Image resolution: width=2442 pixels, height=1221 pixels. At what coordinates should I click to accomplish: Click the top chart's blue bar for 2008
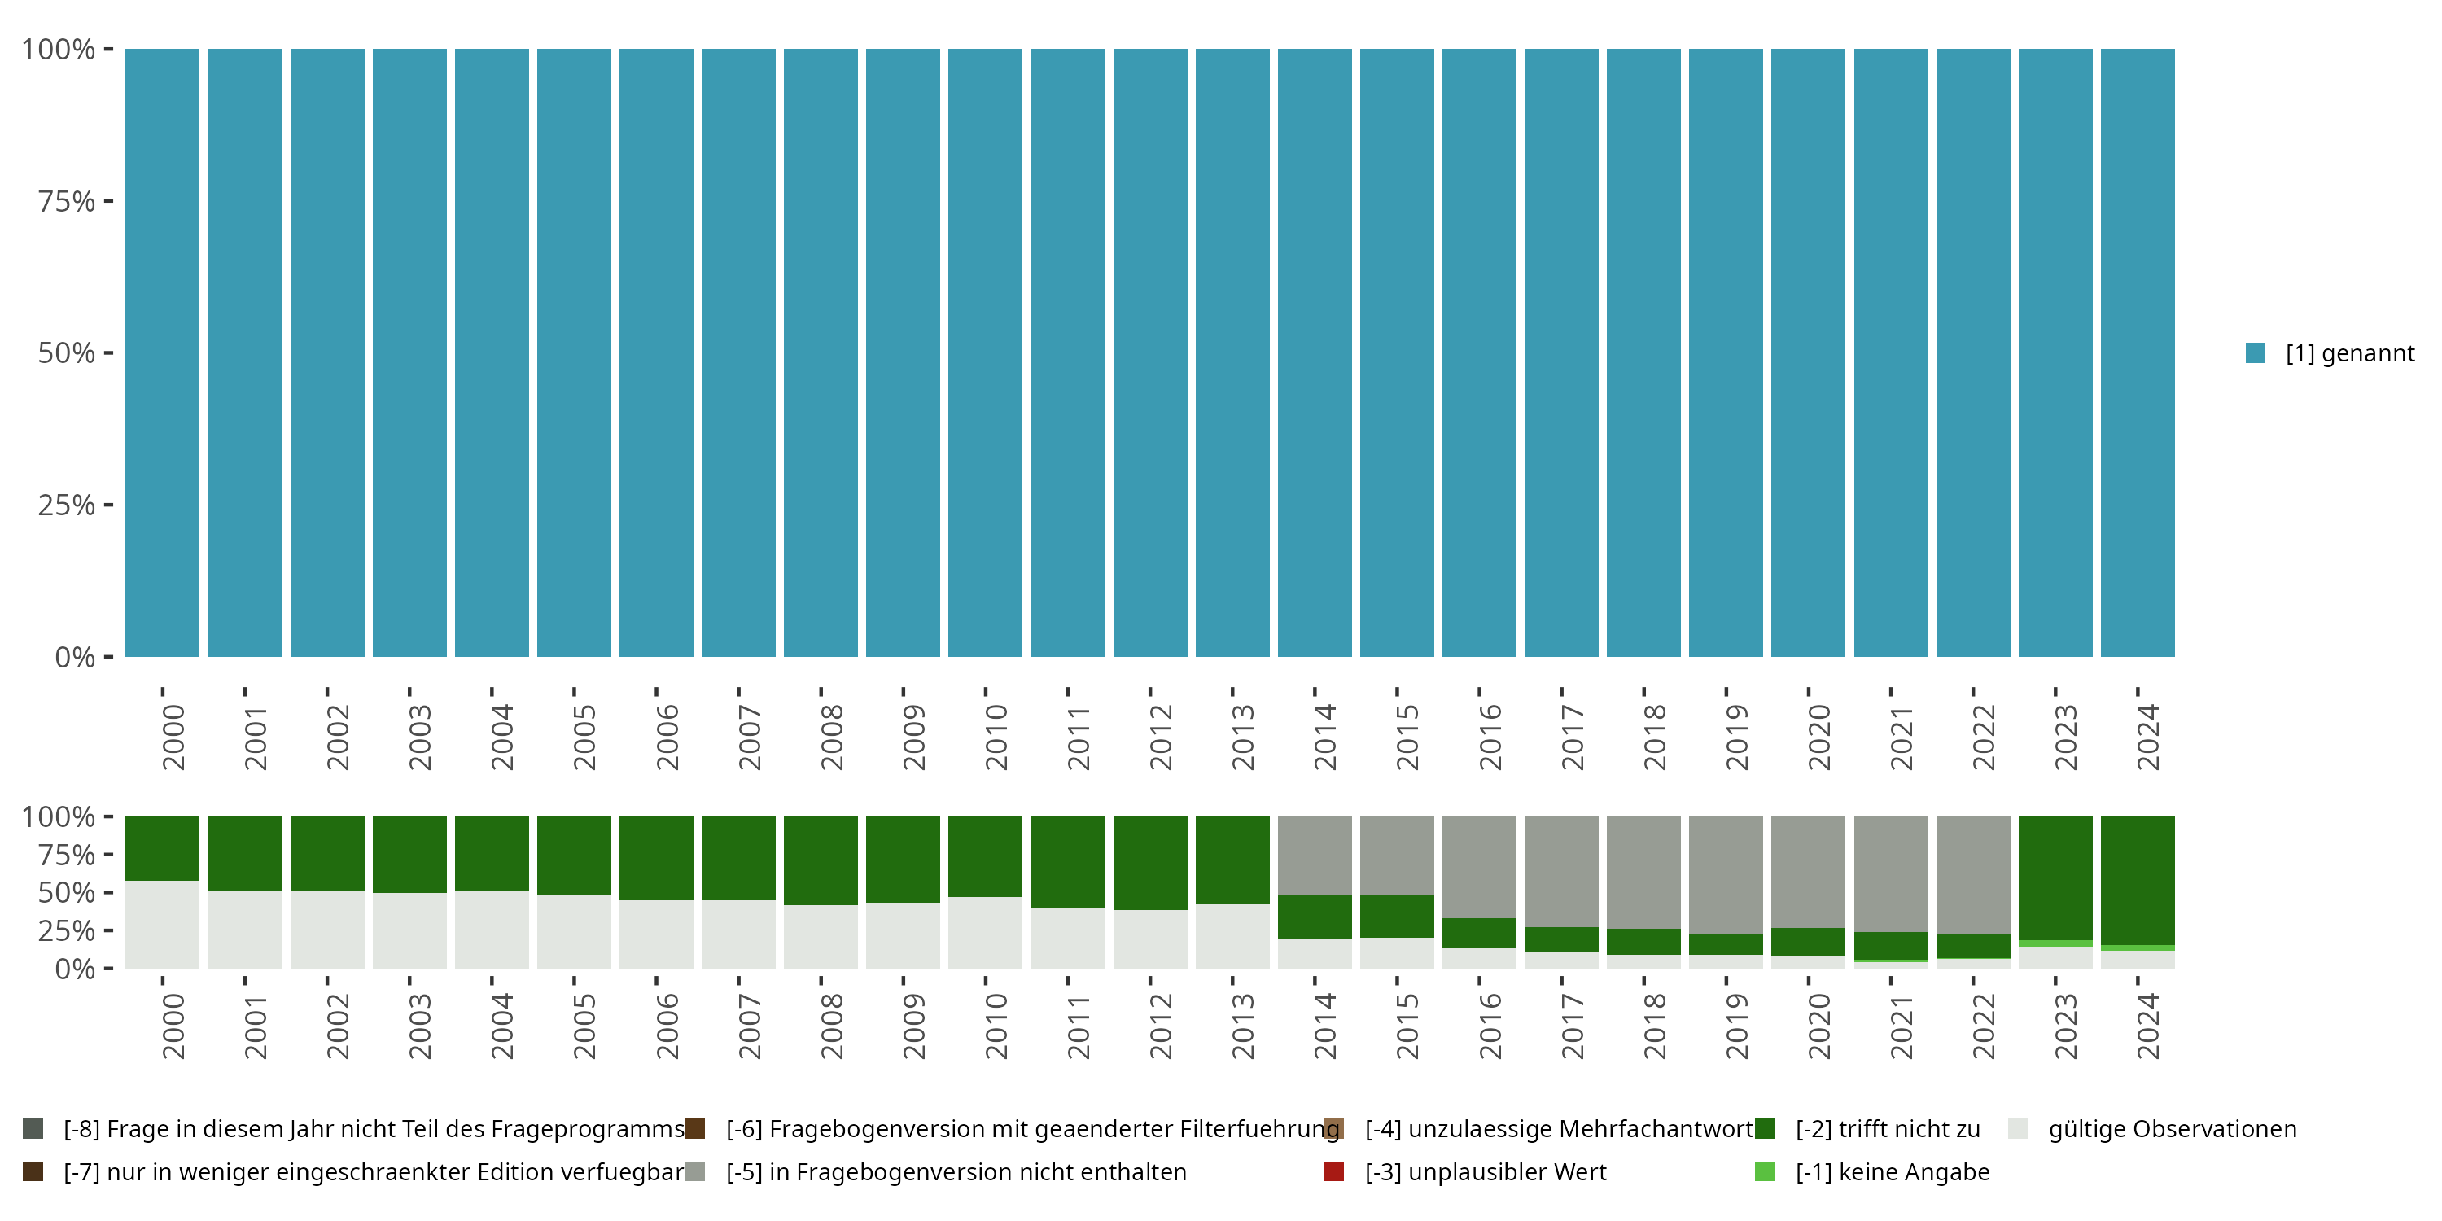coord(821,352)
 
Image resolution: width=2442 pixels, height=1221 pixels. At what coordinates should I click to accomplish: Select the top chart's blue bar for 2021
coord(1890,352)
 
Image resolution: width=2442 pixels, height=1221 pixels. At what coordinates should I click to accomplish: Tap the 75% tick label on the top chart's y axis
coord(67,201)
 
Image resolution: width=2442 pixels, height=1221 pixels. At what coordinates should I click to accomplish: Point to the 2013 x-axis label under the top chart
coord(1243,737)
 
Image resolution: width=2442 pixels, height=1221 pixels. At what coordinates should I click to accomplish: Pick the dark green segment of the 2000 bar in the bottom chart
coord(162,848)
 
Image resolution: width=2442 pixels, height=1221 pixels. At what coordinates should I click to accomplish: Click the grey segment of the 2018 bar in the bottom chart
coord(1643,872)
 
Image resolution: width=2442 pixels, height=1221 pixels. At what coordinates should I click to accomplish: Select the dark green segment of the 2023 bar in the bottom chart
coord(2055,877)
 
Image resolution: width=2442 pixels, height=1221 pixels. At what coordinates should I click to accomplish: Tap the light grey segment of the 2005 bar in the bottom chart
coord(574,931)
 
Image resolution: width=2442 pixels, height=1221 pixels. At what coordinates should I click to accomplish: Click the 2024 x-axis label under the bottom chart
coord(2148,1026)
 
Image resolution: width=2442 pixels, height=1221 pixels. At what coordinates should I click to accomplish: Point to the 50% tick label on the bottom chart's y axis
coord(67,893)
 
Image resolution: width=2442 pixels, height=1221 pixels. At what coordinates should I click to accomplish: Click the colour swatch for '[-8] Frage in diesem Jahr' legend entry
coord(33,1129)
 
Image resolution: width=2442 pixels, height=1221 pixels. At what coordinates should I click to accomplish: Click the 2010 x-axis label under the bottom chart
coord(996,1026)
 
